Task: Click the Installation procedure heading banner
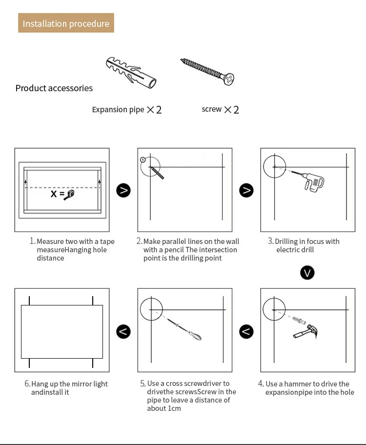[66, 23]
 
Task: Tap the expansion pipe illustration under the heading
[131, 73]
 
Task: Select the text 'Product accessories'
[54, 88]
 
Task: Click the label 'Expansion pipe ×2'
[126, 110]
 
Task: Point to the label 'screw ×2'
[220, 109]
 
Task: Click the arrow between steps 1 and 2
[123, 190]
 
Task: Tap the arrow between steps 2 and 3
[246, 190]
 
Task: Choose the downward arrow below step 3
[307, 272]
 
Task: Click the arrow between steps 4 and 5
[246, 332]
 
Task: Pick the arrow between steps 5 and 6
[123, 332]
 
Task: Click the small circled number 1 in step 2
[142, 159]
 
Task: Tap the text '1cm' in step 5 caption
[174, 408]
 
